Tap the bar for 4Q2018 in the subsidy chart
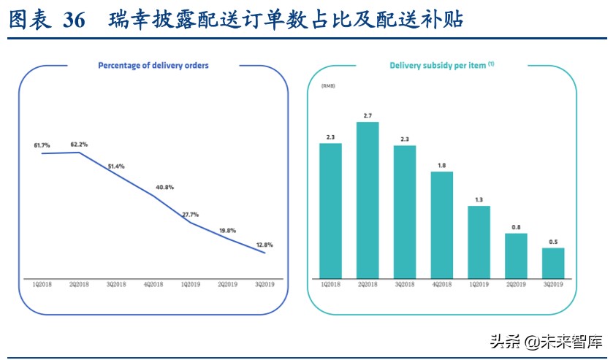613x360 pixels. click(442, 223)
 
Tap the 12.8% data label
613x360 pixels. click(264, 244)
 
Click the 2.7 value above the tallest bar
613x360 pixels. click(368, 115)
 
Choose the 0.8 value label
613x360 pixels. click(516, 227)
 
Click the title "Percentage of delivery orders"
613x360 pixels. click(153, 66)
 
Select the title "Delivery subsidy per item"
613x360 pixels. click(438, 66)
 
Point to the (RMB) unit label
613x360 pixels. click(327, 86)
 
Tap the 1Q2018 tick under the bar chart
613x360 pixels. click(331, 284)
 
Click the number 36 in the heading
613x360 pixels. click(75, 20)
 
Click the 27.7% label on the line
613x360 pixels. click(189, 215)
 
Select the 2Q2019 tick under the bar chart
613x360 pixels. click(516, 284)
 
